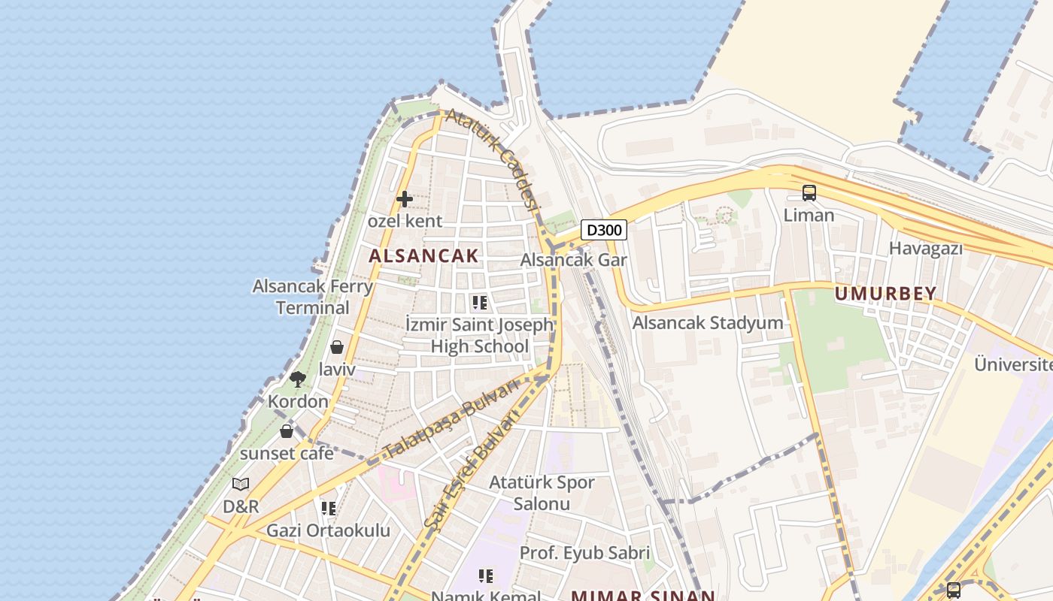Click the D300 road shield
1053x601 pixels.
point(604,230)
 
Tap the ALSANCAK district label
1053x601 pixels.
point(423,255)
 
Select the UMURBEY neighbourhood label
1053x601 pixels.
point(886,294)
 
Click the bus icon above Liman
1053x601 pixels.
point(809,193)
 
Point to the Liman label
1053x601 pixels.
point(809,216)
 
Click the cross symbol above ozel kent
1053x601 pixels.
point(404,199)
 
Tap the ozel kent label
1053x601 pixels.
point(405,222)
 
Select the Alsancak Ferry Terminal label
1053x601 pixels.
point(312,297)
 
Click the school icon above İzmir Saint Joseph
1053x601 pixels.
point(479,303)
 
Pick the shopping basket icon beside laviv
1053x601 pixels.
point(337,347)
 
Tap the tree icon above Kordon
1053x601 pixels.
point(298,379)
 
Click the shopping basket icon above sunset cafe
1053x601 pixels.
point(287,431)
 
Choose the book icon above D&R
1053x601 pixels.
point(241,485)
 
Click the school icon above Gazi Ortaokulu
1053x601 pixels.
point(328,509)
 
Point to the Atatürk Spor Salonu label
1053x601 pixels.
point(542,493)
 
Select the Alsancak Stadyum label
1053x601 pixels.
point(708,323)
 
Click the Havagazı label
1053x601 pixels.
point(926,248)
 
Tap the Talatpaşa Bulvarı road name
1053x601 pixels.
point(451,419)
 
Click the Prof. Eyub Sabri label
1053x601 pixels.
point(584,554)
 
